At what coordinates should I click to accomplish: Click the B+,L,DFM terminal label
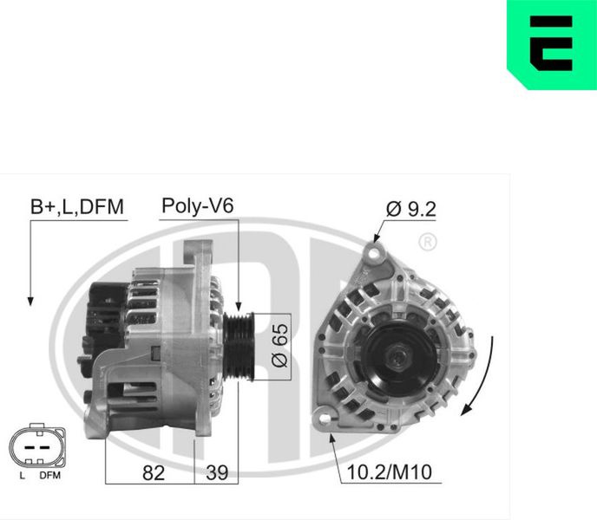point(77,207)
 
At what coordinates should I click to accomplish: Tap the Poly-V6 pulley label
point(198,205)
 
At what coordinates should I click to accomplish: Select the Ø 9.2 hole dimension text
point(410,209)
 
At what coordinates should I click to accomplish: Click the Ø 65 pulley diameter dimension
point(280,346)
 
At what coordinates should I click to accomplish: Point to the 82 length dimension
point(154,473)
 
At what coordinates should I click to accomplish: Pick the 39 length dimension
point(217,473)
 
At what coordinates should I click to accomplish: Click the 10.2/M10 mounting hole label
point(390,472)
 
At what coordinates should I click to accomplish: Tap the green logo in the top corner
point(552,44)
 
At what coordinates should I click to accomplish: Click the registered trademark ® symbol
point(428,242)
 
